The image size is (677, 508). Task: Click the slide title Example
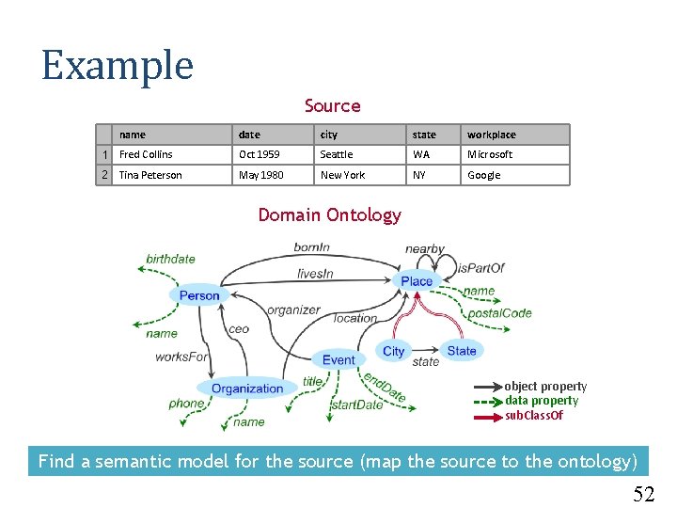(x=118, y=66)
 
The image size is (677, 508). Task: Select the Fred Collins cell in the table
(x=146, y=154)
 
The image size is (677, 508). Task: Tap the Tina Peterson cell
(x=150, y=175)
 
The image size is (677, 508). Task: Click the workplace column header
(x=492, y=135)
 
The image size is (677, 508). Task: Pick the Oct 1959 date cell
(x=259, y=154)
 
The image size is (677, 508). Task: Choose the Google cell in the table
(x=484, y=175)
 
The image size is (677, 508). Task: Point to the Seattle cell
(x=337, y=154)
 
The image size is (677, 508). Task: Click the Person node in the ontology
(x=199, y=295)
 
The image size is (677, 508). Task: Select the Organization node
(x=247, y=389)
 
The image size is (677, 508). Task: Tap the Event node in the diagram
(x=338, y=359)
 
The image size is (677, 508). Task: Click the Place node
(x=417, y=280)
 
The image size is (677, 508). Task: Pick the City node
(x=394, y=351)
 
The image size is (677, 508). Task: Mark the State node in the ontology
(x=462, y=351)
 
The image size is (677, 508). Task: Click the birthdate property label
(x=171, y=259)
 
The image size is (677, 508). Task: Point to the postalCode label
(x=499, y=313)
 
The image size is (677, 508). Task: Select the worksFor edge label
(x=181, y=357)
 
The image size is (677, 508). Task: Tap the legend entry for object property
(x=545, y=387)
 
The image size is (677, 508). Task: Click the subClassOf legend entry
(x=534, y=415)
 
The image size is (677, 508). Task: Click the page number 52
(x=643, y=494)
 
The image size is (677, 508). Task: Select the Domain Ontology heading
(x=329, y=214)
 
